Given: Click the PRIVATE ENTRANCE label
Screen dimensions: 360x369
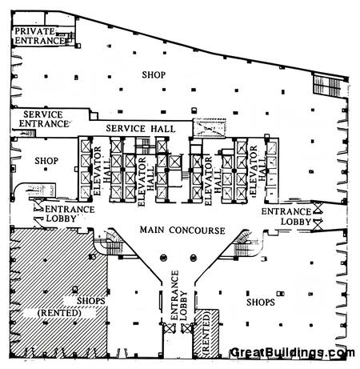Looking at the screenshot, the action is [x=39, y=36].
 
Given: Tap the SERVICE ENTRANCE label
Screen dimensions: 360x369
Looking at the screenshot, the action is [x=44, y=119].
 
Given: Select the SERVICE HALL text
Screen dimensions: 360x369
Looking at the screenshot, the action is [x=141, y=129].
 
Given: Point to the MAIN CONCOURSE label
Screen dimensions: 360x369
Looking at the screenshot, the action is [x=182, y=230].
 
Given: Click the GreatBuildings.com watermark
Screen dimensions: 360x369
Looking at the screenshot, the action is [x=292, y=353].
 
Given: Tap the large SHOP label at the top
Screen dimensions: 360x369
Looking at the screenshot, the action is [x=154, y=74].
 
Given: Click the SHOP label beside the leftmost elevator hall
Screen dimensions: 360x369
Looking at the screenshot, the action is [x=46, y=161].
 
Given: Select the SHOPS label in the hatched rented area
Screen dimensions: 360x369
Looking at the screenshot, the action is [x=91, y=301].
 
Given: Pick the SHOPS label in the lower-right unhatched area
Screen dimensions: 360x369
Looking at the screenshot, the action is [x=261, y=303].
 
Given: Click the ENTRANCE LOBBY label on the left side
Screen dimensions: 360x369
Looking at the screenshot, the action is [x=70, y=214].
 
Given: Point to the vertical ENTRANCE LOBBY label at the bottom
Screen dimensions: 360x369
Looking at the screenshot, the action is [x=178, y=295].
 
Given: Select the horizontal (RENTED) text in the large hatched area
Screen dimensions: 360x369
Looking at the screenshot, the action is [x=59, y=313].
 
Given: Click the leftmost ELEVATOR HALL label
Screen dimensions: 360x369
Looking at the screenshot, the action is [x=102, y=170].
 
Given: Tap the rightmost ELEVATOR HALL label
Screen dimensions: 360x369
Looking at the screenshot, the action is [x=258, y=170].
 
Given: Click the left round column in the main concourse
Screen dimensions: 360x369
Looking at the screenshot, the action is [x=163, y=258].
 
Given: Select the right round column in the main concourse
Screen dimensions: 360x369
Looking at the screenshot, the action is [x=194, y=258].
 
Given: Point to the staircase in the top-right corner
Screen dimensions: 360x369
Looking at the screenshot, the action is [x=327, y=85].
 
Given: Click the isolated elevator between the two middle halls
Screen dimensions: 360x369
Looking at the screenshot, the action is [x=174, y=162].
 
